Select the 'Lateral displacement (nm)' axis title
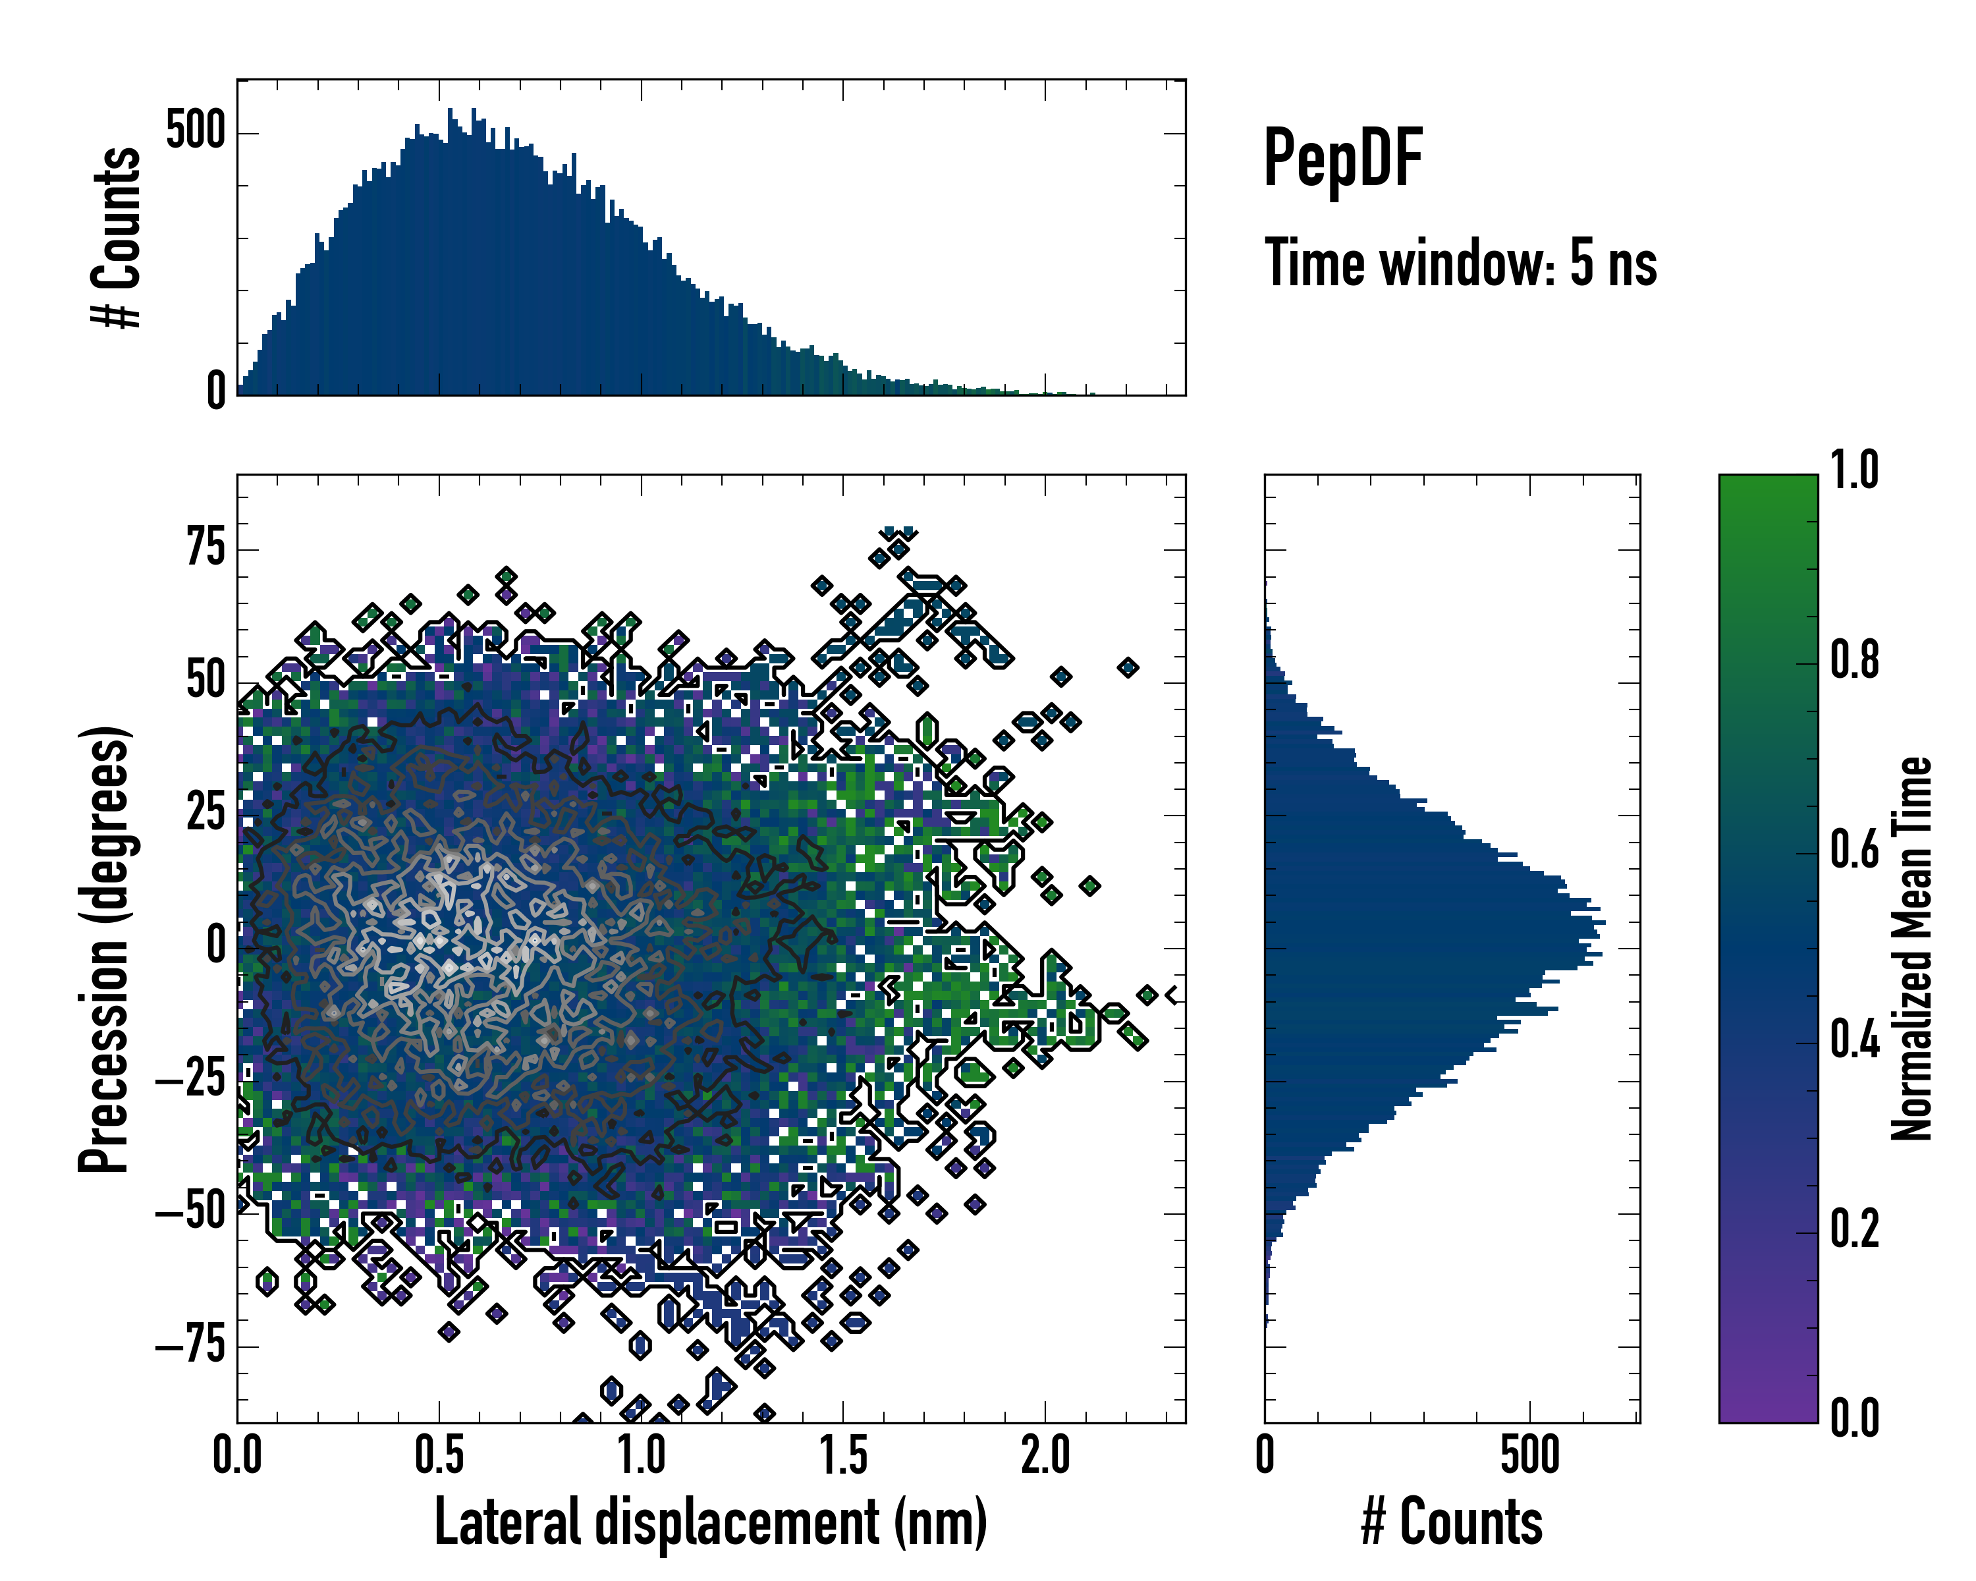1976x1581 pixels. [710, 1522]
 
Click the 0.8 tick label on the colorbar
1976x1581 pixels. [1854, 660]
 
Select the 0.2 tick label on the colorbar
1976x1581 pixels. [1854, 1228]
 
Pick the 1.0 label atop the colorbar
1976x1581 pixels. [1854, 470]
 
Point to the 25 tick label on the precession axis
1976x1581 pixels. [206, 813]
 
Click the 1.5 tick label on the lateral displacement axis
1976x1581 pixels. [843, 1455]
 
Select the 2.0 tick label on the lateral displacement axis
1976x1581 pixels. [1045, 1455]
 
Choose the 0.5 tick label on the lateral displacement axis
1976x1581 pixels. [439, 1455]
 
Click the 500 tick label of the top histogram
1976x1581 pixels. [195, 131]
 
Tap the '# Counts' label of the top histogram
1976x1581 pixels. [117, 237]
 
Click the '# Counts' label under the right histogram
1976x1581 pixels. [1452, 1522]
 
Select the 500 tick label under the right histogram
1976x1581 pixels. [1529, 1455]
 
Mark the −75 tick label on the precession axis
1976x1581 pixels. [190, 1345]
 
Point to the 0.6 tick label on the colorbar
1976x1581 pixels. [1854, 850]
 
